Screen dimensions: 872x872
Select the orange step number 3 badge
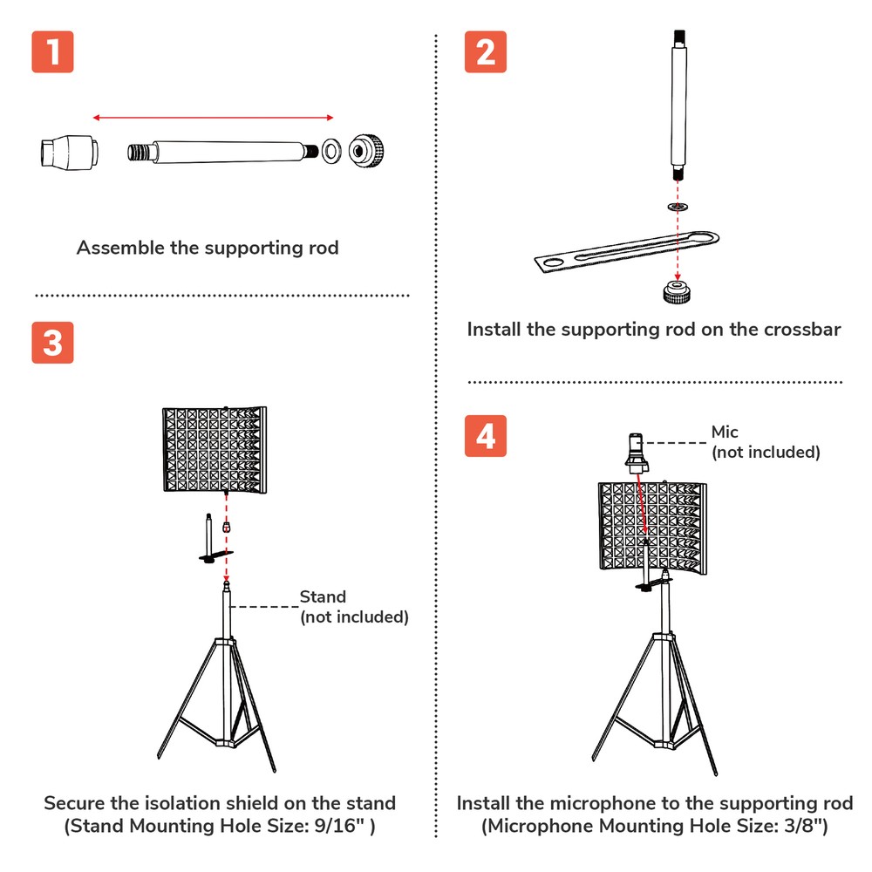click(52, 342)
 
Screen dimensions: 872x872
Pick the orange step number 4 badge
click(486, 435)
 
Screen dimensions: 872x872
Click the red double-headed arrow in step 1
click(214, 117)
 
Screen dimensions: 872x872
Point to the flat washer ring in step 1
click(330, 150)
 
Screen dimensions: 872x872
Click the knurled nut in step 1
click(365, 150)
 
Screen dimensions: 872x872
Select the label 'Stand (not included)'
click(353, 607)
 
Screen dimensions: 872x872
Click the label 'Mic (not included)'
click(765, 442)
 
